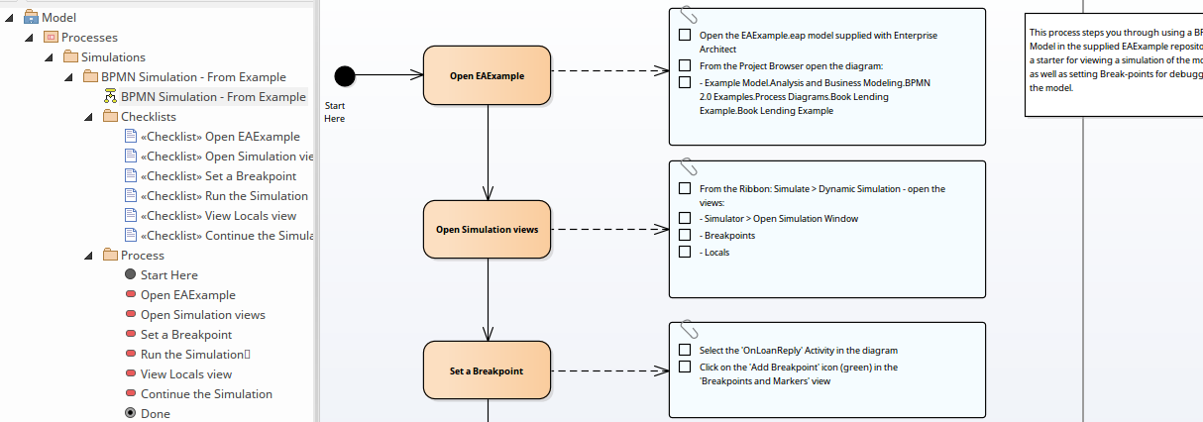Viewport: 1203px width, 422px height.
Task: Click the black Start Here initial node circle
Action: [x=345, y=75]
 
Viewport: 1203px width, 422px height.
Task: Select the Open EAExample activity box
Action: [x=487, y=75]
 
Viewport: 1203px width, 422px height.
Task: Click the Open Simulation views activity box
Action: [x=487, y=230]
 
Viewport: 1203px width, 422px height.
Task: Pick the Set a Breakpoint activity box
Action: [x=487, y=371]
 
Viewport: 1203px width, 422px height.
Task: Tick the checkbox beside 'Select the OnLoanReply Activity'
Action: [x=685, y=350]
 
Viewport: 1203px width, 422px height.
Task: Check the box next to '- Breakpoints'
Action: [x=685, y=235]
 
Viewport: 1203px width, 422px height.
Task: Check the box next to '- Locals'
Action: [x=685, y=252]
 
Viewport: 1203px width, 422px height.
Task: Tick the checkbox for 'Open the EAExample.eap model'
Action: [x=685, y=35]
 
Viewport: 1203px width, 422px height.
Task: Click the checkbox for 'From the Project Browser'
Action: [x=685, y=65]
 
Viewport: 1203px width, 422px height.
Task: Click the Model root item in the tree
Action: [x=58, y=17]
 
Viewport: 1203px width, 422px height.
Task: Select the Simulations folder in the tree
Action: [x=112, y=56]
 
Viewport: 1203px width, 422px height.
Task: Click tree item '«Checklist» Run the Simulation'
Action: [x=224, y=195]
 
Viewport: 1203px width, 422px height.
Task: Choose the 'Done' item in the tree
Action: [x=155, y=413]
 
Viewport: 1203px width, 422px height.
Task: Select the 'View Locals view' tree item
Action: [x=185, y=373]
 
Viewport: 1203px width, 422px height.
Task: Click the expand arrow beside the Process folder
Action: [x=88, y=256]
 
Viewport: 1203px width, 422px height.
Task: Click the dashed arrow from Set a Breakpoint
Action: [x=609, y=371]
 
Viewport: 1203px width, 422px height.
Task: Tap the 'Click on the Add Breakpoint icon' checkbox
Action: [x=685, y=367]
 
